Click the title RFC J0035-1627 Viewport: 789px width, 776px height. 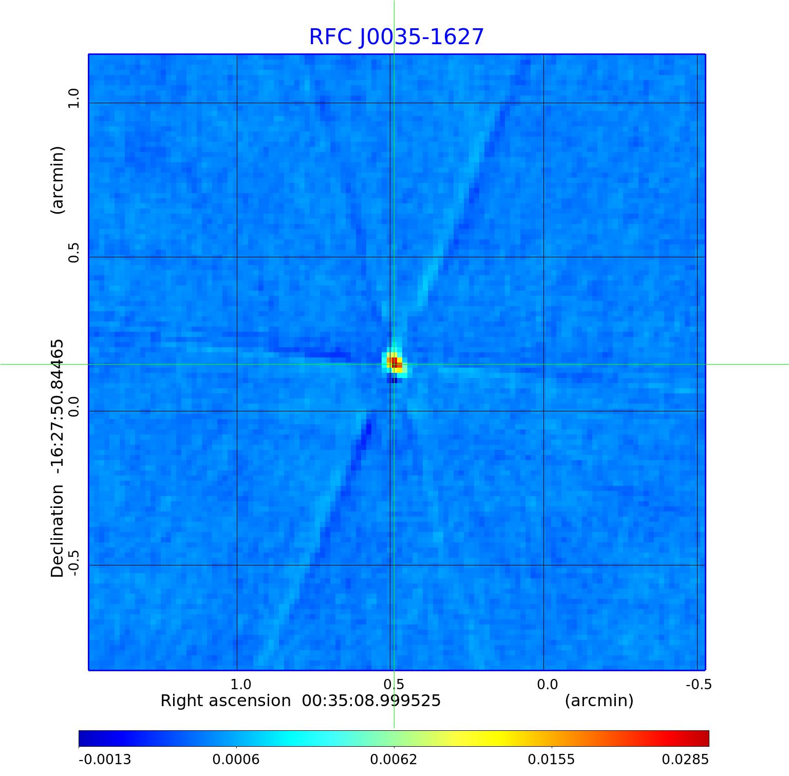pyautogui.click(x=396, y=37)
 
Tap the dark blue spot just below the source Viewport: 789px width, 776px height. pyautogui.click(x=392, y=381)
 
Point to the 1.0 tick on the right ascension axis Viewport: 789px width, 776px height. pyautogui.click(x=240, y=685)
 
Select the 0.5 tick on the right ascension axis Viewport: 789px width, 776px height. pyautogui.click(x=393, y=685)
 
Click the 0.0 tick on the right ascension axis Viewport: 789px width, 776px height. pyautogui.click(x=547, y=685)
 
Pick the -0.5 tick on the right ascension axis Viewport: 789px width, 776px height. pyautogui.click(x=699, y=685)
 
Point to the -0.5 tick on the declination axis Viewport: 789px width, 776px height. pyautogui.click(x=74, y=563)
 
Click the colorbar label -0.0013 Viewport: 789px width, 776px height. pyautogui.click(x=105, y=760)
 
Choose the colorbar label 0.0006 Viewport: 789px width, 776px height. pyautogui.click(x=236, y=760)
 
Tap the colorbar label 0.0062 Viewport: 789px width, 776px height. pyautogui.click(x=394, y=760)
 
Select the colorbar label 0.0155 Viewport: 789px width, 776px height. pyautogui.click(x=552, y=760)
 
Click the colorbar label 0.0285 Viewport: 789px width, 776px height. pyautogui.click(x=685, y=760)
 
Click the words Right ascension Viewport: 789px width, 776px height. pyautogui.click(x=226, y=701)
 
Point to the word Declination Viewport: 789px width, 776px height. pyautogui.click(x=58, y=531)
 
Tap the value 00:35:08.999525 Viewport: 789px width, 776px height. pyautogui.click(x=371, y=701)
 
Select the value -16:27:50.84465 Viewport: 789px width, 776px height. pyautogui.click(x=58, y=406)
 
